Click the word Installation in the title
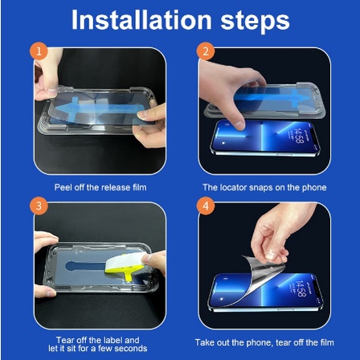141,20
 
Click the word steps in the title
255,22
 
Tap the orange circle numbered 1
39,51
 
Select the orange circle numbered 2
206,51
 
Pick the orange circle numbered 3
39,206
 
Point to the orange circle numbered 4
206,206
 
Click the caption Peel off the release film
100,187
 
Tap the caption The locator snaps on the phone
264,187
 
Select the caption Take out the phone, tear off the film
264,342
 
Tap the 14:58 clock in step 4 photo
300,289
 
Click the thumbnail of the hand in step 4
271,255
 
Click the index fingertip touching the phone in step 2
239,125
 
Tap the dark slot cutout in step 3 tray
86,266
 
